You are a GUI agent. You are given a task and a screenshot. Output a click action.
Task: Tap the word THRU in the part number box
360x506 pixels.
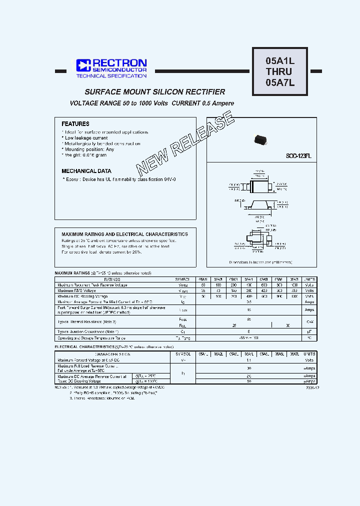pyautogui.click(x=280, y=72)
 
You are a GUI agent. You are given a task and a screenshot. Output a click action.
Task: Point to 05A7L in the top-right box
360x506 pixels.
pyautogui.click(x=280, y=83)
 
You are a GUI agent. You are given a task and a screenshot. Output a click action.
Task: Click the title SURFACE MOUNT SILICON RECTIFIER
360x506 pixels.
pyautogui.click(x=155, y=92)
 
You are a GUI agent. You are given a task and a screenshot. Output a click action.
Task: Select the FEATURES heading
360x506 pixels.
pyautogui.click(x=75, y=123)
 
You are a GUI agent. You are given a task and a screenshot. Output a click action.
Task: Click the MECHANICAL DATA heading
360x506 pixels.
pyautogui.click(x=86, y=171)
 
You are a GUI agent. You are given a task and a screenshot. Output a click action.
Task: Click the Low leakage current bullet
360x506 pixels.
pyautogui.click(x=86, y=138)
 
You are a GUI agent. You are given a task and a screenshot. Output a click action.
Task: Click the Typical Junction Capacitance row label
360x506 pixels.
pyautogui.click(x=88, y=331)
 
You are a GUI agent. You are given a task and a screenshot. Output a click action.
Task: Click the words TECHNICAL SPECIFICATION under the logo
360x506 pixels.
pyautogui.click(x=111, y=75)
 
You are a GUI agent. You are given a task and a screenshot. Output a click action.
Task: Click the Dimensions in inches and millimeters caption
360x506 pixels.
pyautogui.click(x=260, y=262)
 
